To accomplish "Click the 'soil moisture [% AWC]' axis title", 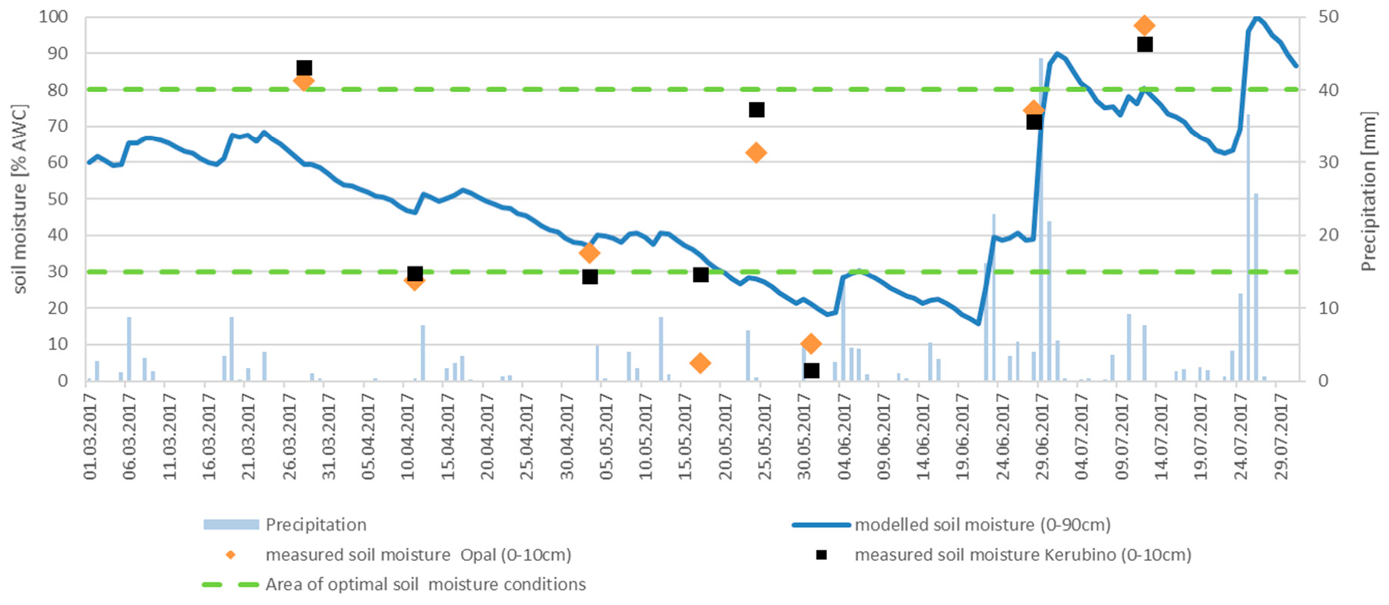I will (21, 199).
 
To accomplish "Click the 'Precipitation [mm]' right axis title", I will (1368, 192).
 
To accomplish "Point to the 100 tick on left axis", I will (54, 17).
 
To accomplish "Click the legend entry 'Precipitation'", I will (315, 524).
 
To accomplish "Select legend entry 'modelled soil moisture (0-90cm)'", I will (982, 524).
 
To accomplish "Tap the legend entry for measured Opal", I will (418, 555).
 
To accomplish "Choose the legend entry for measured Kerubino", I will (1022, 555).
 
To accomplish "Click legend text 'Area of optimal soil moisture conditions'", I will (425, 584).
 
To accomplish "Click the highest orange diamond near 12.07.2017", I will (1144, 26).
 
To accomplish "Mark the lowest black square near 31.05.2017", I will (811, 371).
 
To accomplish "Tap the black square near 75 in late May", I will (756, 110).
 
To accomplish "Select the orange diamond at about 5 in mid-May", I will (700, 363).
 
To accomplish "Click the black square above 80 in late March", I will (305, 68).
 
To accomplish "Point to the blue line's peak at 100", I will (1256, 17).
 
